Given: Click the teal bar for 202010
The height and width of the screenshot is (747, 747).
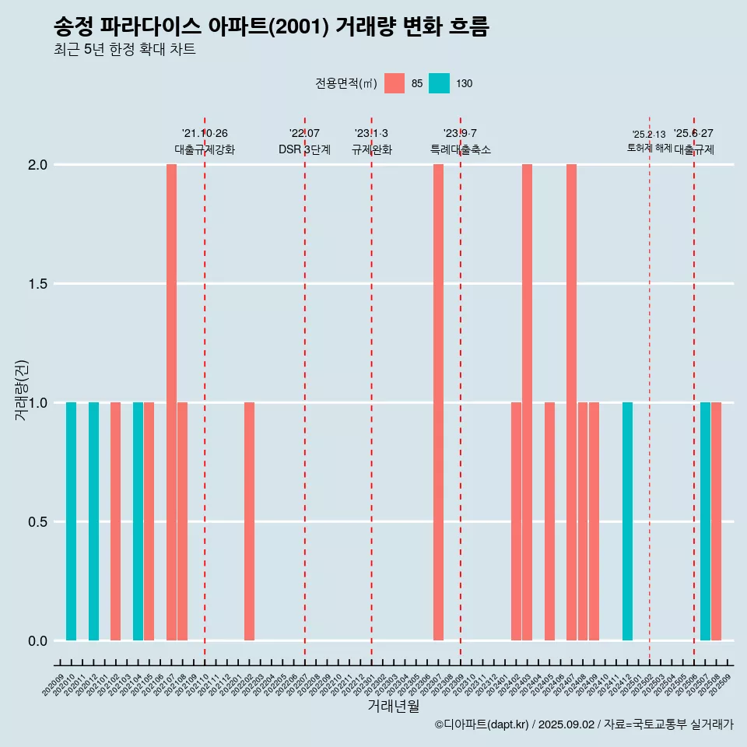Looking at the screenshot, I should coord(71,521).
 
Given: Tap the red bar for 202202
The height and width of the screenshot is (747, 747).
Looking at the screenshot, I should coord(249,521).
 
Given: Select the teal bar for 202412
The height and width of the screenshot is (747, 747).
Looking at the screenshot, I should coord(627,521).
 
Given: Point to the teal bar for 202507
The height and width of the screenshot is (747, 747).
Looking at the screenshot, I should coord(705,521).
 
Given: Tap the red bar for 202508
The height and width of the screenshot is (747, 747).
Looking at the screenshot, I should coord(716,521).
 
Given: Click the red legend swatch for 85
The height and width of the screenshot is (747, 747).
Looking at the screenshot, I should coord(395,83).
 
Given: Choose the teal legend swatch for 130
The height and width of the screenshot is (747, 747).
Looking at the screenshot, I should coord(440,83).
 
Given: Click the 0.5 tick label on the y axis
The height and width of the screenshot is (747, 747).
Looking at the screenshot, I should coord(37,522).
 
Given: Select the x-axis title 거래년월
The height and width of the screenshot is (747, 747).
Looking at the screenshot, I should coord(393,706).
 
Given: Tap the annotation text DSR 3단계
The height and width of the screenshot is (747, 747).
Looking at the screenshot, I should coord(304,149).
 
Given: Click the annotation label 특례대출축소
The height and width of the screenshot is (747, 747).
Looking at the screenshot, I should coord(461,149).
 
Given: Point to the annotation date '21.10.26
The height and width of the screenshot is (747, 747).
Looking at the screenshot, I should coord(205,133).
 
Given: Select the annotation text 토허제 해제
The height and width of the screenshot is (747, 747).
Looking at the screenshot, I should coord(649,148).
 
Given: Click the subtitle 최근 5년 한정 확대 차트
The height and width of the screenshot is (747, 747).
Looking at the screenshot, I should coord(124,50).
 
